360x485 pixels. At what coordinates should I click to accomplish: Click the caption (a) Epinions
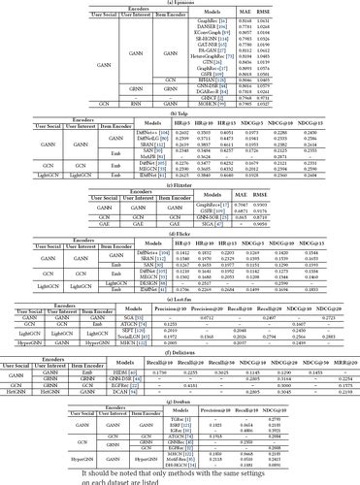coord(180,4)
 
